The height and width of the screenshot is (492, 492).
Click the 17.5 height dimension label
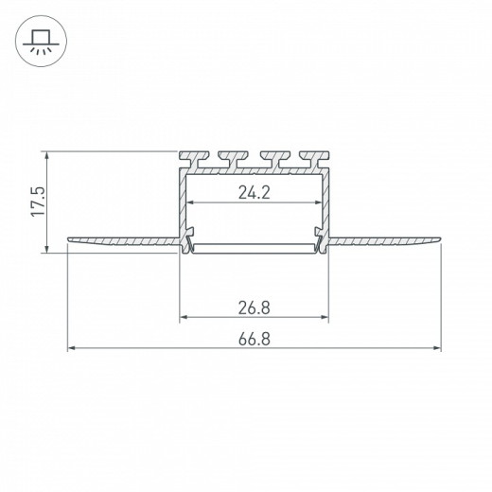click(39, 202)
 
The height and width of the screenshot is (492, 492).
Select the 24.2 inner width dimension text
click(255, 192)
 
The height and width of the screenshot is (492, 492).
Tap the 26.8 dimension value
click(255, 307)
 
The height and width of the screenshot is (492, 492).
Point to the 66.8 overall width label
click(255, 340)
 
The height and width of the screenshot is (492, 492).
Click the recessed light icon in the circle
click(41, 42)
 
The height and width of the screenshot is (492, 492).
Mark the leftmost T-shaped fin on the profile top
click(194, 159)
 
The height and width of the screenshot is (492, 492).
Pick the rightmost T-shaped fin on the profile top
click(315, 159)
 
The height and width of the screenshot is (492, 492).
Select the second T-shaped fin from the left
click(234, 159)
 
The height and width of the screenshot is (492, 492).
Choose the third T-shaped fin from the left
click(274, 159)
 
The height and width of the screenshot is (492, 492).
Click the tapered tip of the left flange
click(69, 239)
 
